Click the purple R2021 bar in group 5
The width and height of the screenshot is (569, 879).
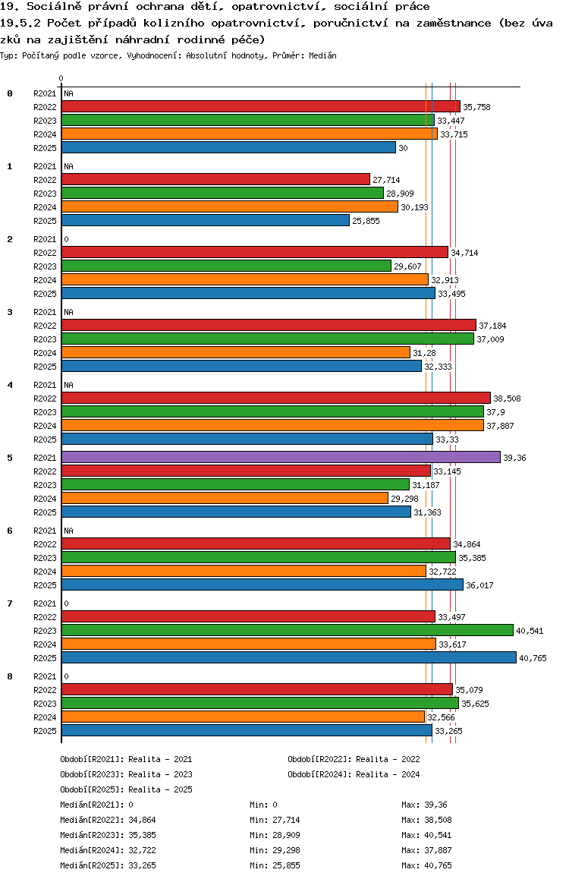[x=281, y=457]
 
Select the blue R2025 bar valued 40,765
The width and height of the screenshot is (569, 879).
[x=288, y=657]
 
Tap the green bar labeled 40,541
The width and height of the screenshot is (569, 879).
[x=287, y=630]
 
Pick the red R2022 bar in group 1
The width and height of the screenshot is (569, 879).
[x=215, y=179]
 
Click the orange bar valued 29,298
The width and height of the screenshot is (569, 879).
[x=225, y=498]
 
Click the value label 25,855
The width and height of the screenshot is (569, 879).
[x=367, y=221]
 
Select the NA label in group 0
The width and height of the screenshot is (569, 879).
[x=68, y=93]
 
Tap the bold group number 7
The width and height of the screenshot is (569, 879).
[x=10, y=603]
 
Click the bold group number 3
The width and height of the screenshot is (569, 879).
[x=10, y=312]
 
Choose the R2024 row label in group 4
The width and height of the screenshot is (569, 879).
[x=45, y=426]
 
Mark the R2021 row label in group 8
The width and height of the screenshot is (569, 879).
[x=45, y=676]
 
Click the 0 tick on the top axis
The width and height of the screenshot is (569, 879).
[x=61, y=78]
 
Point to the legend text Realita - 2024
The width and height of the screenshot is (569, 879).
[x=388, y=774]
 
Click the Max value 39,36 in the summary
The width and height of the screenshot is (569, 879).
[x=435, y=805]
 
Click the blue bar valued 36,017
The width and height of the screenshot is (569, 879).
[x=262, y=584]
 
